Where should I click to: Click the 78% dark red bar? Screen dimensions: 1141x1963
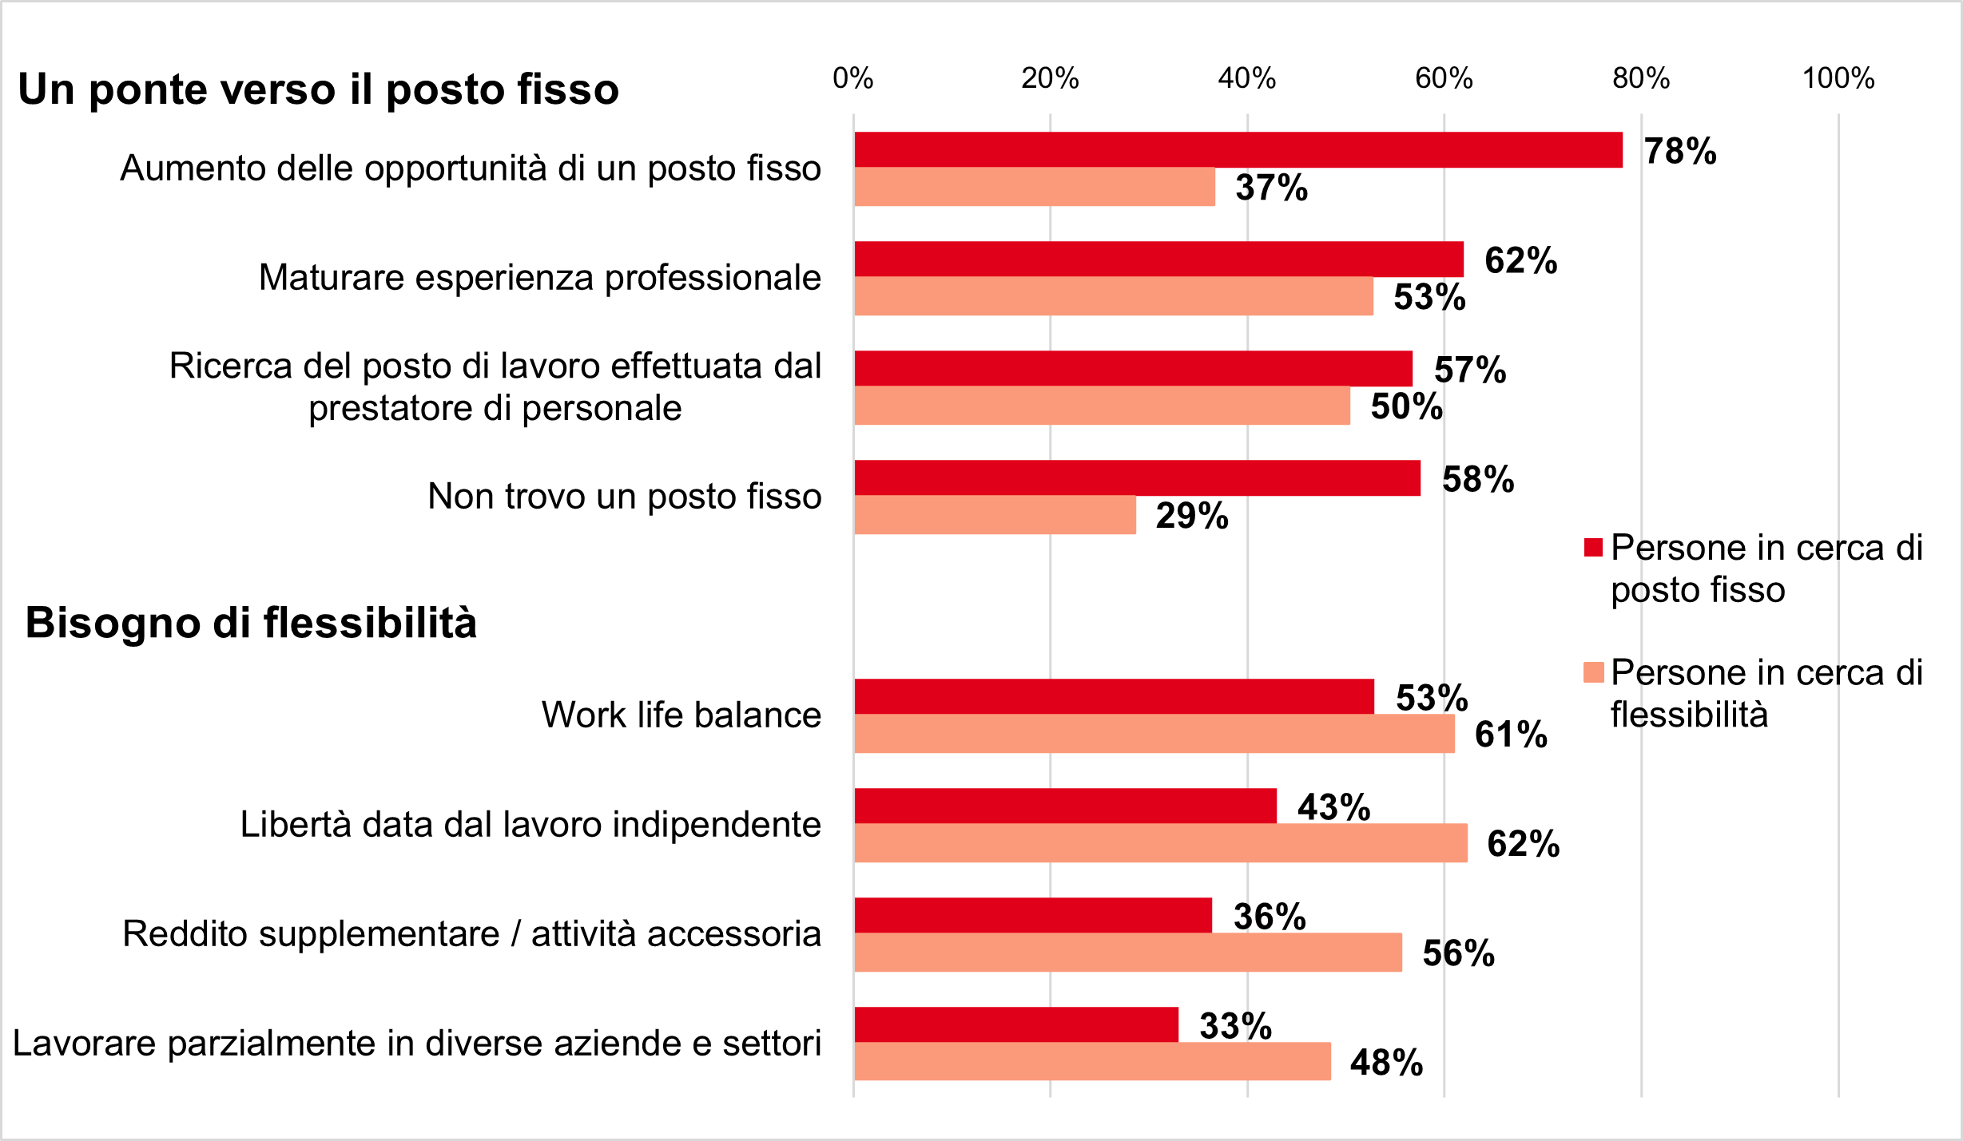(x=1238, y=150)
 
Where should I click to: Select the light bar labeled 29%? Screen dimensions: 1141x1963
(x=995, y=515)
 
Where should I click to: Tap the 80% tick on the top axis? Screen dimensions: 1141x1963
(x=1641, y=78)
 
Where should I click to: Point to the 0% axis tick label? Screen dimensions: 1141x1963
(x=852, y=78)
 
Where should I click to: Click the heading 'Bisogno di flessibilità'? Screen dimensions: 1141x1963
(x=251, y=623)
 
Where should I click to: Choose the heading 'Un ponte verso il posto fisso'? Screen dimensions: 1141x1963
(x=318, y=89)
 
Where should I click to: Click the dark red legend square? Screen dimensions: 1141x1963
(x=1593, y=548)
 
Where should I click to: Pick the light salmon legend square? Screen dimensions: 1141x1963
(x=1593, y=672)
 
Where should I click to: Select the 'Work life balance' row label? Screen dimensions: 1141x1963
(x=681, y=715)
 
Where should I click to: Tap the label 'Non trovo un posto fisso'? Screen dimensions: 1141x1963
(x=624, y=497)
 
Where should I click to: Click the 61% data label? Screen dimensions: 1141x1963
(x=1511, y=735)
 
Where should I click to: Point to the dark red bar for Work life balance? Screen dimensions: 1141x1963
(x=1114, y=696)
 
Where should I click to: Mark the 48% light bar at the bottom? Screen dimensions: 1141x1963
(x=1092, y=1061)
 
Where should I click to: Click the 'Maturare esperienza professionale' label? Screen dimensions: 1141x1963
(x=539, y=278)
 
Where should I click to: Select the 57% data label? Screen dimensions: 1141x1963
(x=1470, y=370)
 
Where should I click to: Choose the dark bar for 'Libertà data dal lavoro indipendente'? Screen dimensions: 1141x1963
(x=1065, y=806)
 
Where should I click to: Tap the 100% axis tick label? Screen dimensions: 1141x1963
(x=1838, y=78)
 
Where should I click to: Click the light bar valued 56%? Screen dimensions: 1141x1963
(x=1127, y=952)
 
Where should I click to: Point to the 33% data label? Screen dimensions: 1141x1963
(x=1235, y=1026)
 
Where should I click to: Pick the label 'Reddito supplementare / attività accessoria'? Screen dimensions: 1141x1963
(x=471, y=934)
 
